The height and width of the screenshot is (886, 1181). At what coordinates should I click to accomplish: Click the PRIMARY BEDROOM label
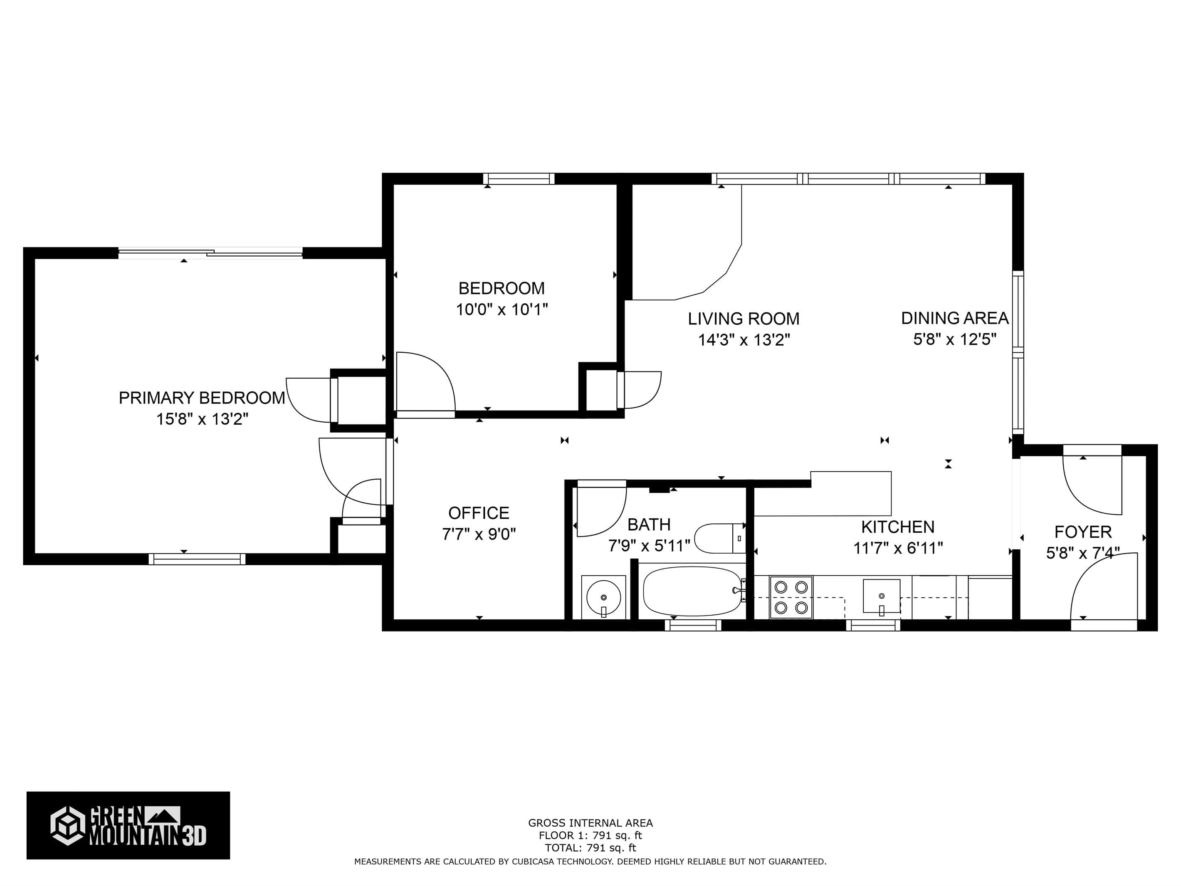(202, 398)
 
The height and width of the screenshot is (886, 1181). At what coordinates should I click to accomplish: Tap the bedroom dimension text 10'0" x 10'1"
(502, 309)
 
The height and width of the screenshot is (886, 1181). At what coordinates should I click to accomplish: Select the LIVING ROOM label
(744, 319)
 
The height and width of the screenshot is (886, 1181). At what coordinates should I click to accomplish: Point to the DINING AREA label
(955, 318)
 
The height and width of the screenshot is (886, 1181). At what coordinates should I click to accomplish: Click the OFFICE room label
(479, 513)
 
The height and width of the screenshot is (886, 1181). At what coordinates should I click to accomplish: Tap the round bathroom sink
(603, 597)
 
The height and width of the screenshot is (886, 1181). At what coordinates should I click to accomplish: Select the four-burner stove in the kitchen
(791, 597)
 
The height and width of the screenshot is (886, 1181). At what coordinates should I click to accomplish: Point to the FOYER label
(1083, 532)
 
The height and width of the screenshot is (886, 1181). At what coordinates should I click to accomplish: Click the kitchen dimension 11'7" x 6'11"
(898, 548)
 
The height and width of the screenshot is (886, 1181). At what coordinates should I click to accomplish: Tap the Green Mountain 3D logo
(128, 825)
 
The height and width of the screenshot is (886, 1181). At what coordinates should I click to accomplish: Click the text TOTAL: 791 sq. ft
(590, 848)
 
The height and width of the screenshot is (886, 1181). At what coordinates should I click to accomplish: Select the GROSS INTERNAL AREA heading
(590, 823)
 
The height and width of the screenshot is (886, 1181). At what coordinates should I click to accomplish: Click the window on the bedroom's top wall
(519, 179)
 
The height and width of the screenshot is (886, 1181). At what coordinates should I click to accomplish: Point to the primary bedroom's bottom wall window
(197, 559)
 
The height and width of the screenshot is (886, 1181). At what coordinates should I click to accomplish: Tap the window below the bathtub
(693, 625)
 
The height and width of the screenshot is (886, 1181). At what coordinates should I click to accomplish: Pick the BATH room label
(649, 525)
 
